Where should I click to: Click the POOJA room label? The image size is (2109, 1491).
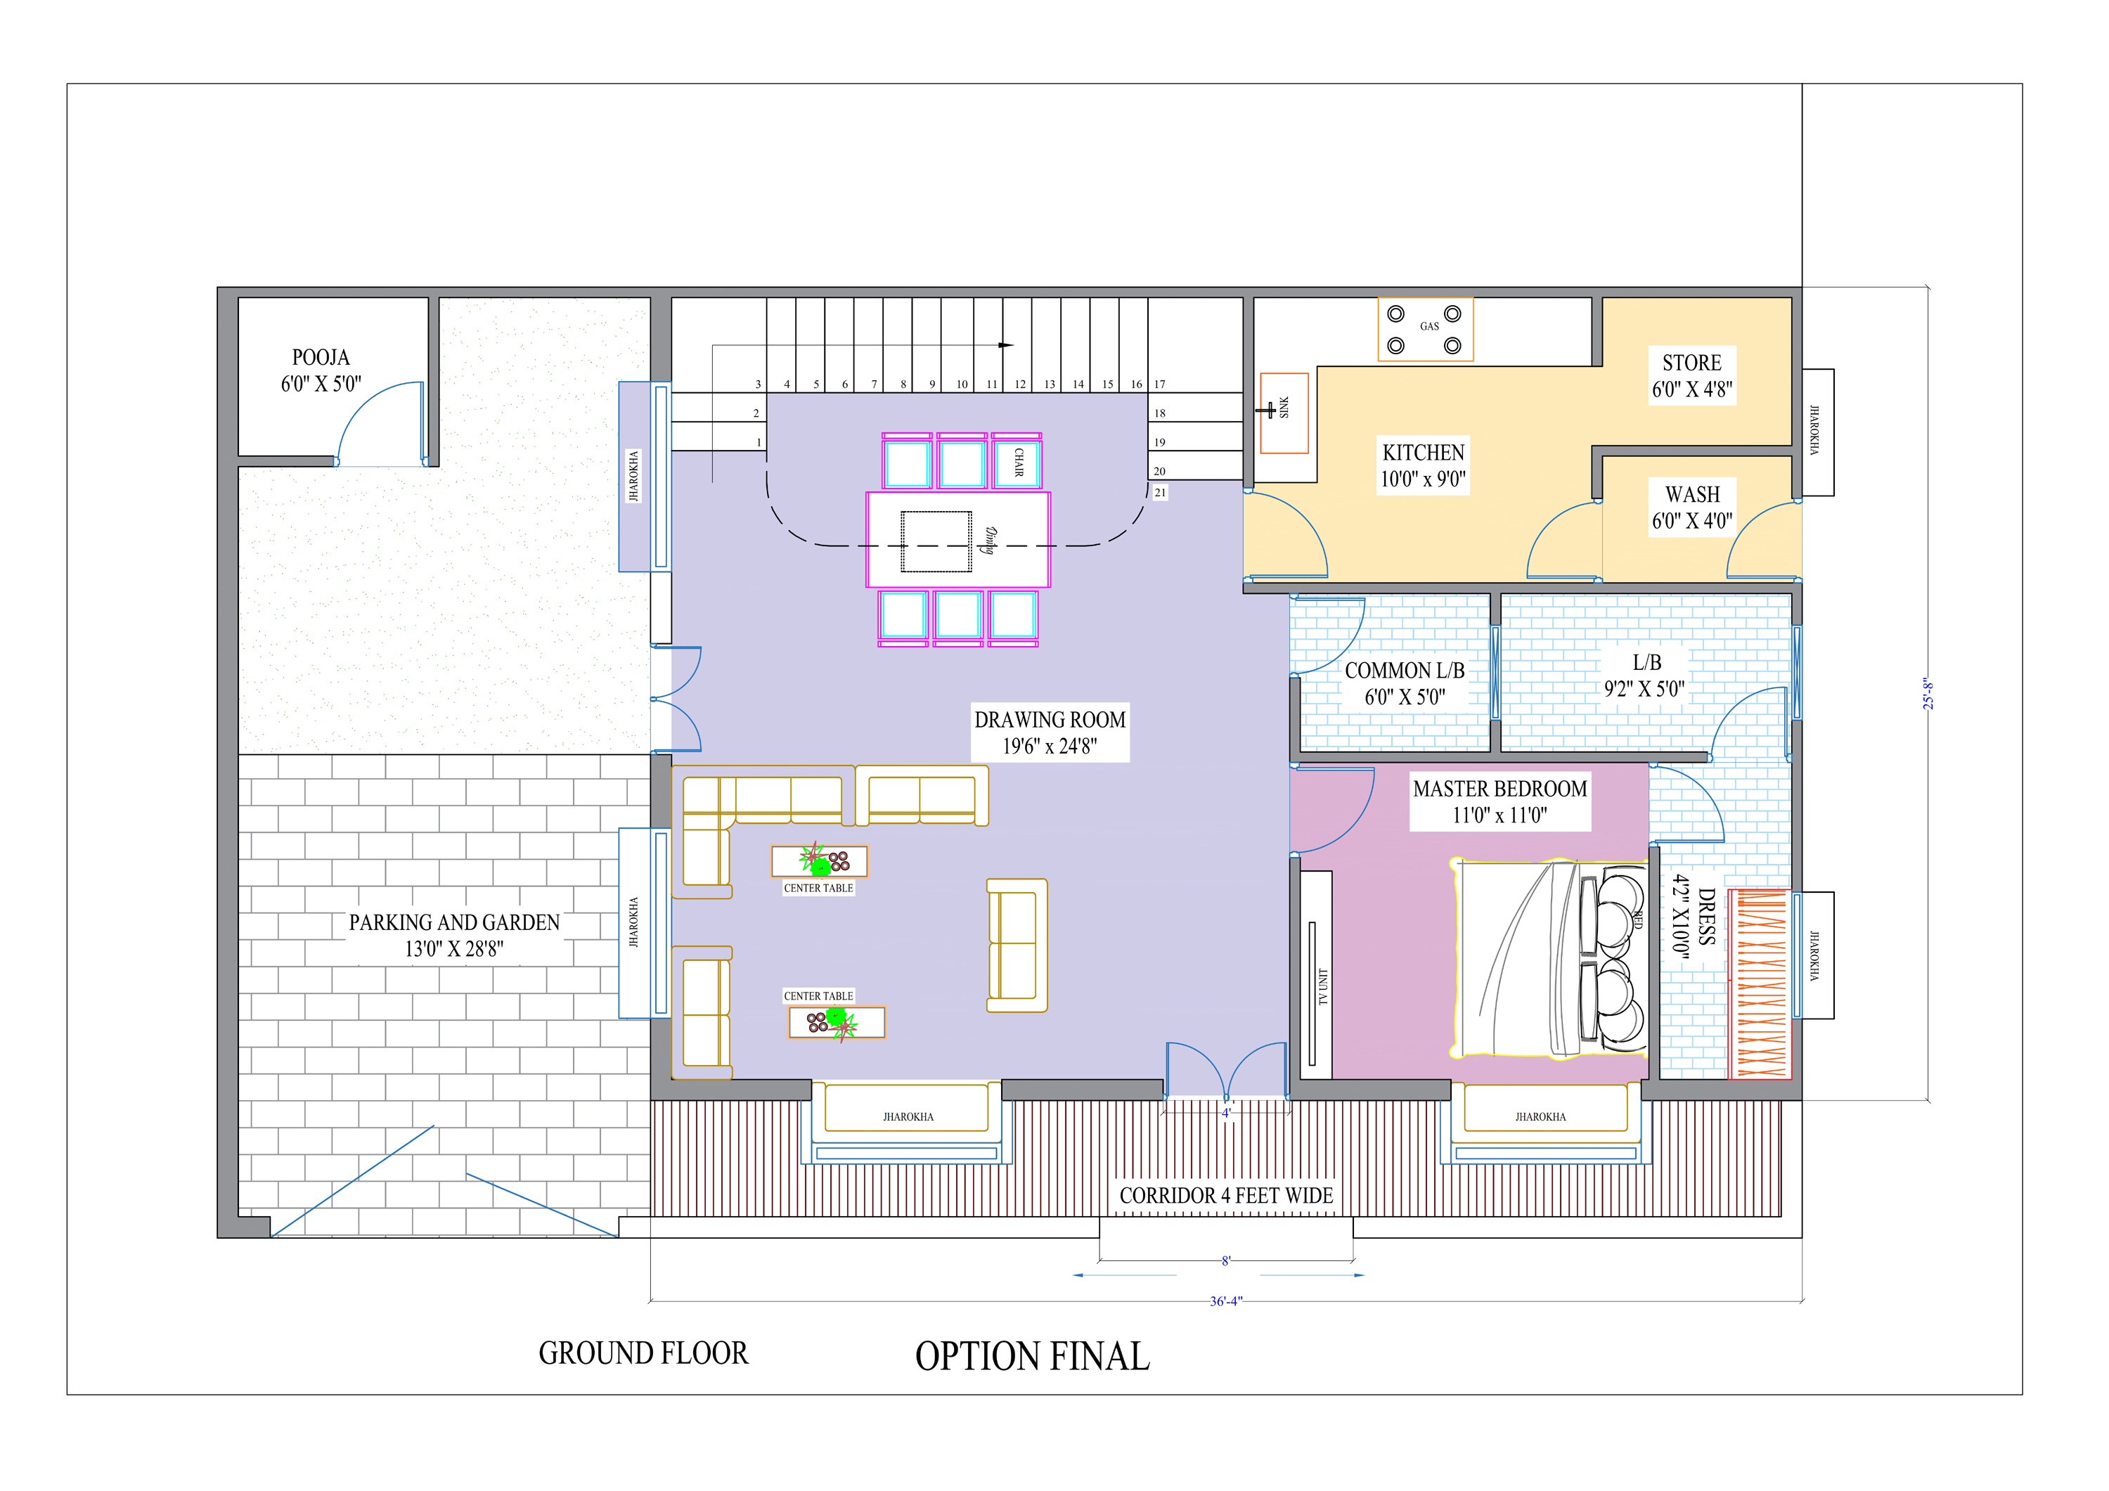click(x=321, y=357)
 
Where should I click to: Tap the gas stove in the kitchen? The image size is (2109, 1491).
click(x=1425, y=329)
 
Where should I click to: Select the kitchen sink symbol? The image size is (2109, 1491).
click(x=1283, y=413)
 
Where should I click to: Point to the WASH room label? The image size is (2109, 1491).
click(x=1692, y=494)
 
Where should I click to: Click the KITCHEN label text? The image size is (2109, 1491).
click(x=1423, y=452)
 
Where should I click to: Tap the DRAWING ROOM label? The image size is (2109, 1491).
click(x=1049, y=719)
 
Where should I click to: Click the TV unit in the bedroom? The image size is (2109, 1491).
click(x=1316, y=975)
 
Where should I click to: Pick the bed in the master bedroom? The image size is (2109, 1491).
click(x=1549, y=958)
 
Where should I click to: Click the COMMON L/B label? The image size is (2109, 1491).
click(x=1405, y=671)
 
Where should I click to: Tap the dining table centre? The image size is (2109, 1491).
click(x=958, y=540)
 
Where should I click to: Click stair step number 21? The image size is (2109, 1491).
click(x=1160, y=492)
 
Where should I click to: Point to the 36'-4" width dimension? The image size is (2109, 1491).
click(x=1225, y=1300)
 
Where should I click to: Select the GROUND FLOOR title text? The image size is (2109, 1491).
click(x=643, y=1353)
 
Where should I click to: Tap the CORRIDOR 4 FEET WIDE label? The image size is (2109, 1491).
click(x=1225, y=1195)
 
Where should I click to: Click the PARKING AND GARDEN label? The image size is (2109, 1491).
click(x=453, y=922)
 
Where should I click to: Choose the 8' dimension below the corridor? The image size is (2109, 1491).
click(x=1225, y=1261)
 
